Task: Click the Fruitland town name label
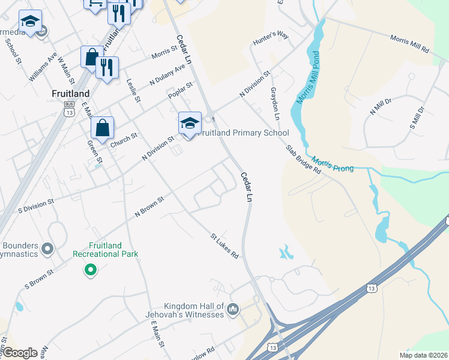71,94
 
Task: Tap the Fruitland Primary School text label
244,133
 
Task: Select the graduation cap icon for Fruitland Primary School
190,124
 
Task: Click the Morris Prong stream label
333,164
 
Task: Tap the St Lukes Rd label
224,246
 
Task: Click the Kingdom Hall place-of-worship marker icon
233,310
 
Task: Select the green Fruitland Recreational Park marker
91,270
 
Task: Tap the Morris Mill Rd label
410,43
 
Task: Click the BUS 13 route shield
70,108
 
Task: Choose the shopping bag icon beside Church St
102,127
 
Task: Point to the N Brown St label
149,206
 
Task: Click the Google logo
20,353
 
